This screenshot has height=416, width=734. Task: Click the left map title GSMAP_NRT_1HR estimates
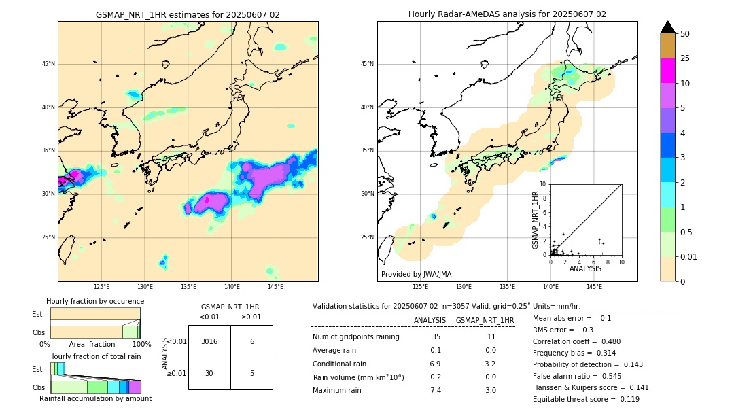pyautogui.click(x=188, y=14)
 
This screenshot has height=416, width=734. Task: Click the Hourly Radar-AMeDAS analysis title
pyautogui.click(x=507, y=14)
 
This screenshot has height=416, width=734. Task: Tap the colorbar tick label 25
pyautogui.click(x=686, y=58)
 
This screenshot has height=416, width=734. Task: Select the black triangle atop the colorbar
pyautogui.click(x=668, y=27)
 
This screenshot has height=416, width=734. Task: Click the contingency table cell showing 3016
pyautogui.click(x=209, y=341)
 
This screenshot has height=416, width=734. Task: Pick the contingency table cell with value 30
pyautogui.click(x=209, y=373)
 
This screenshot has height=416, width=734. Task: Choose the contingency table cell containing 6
pyautogui.click(x=251, y=341)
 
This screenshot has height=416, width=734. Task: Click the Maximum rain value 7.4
pyautogui.click(x=436, y=390)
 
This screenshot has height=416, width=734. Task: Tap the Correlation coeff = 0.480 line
pyautogui.click(x=576, y=341)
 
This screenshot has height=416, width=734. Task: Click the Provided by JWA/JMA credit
pyautogui.click(x=416, y=274)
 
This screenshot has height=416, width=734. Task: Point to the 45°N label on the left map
pyautogui.click(x=48, y=64)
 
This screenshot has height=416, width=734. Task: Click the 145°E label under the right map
pyautogui.click(x=594, y=287)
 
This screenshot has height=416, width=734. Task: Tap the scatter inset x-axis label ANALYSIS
pyautogui.click(x=585, y=268)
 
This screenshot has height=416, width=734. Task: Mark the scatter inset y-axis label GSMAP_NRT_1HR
pyautogui.click(x=535, y=220)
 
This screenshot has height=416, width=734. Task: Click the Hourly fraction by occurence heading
pyautogui.click(x=95, y=301)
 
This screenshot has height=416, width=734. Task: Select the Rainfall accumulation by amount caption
pyautogui.click(x=95, y=398)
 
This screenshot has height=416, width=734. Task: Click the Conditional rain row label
pyautogui.click(x=340, y=364)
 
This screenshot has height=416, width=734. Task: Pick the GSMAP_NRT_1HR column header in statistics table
pyautogui.click(x=485, y=320)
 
